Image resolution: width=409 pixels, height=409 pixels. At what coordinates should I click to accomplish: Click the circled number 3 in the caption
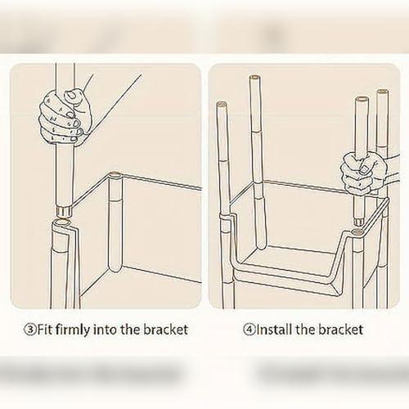29,330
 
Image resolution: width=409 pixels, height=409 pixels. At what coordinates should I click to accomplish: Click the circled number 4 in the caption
249,330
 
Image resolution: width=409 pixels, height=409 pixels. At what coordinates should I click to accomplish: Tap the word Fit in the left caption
45,330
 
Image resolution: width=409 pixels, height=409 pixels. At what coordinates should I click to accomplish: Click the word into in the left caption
106,330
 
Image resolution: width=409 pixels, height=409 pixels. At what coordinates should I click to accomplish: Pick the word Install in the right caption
275,329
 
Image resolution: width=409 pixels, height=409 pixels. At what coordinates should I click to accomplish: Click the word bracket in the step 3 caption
165,330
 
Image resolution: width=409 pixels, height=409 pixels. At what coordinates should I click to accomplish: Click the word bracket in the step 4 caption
340,330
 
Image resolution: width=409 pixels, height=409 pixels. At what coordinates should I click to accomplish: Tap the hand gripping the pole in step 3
64,116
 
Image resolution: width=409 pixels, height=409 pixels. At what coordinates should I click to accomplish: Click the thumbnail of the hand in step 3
71,95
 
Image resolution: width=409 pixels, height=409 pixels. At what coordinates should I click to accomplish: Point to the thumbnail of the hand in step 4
363,170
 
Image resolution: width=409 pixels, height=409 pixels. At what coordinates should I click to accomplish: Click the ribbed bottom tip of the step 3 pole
64,211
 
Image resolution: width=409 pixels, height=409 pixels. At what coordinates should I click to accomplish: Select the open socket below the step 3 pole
63,223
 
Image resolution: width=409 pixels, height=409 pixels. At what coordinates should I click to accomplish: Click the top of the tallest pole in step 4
254,78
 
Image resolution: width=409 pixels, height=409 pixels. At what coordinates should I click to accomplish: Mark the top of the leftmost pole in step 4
222,105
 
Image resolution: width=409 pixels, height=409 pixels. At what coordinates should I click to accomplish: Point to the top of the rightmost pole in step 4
383,92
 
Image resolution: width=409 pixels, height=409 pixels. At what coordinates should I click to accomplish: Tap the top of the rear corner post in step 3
115,174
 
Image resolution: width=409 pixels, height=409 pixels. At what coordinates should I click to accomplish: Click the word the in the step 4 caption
305,330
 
